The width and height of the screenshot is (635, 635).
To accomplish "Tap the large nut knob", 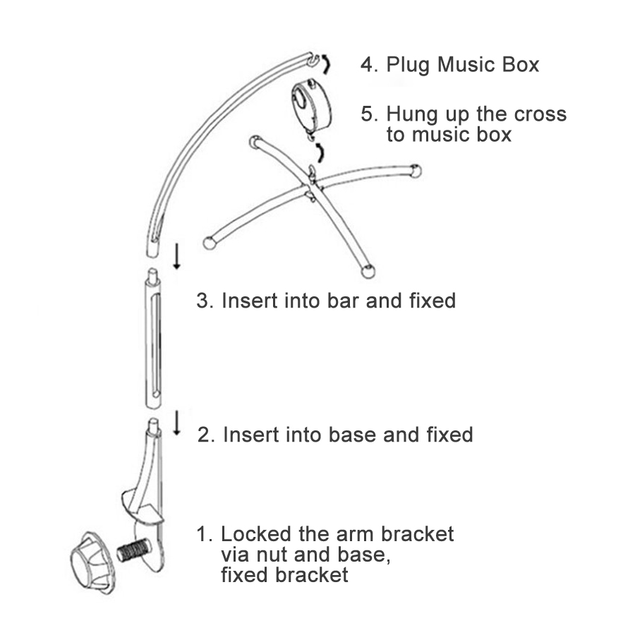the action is click(93, 563).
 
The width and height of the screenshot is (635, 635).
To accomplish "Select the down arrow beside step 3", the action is click(176, 256).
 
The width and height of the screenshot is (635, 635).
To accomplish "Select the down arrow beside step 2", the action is click(176, 423).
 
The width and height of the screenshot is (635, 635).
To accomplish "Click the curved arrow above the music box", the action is click(327, 65).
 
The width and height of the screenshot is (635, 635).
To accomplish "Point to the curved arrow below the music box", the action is click(320, 152).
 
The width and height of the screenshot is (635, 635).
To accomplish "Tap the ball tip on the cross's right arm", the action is click(416, 171).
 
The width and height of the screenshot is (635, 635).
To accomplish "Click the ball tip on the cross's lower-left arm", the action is click(209, 243).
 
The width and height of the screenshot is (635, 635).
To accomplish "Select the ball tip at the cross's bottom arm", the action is click(368, 272).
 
